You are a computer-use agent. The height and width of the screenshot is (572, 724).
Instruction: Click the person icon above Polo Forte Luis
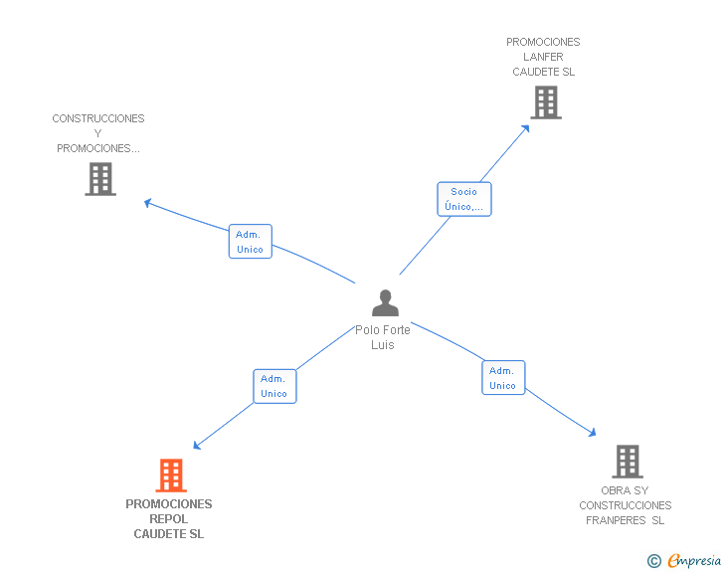click(x=385, y=302)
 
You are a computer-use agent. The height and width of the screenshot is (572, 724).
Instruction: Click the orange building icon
click(x=171, y=475)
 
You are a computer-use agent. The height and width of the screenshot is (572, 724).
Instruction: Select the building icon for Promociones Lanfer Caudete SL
click(x=546, y=102)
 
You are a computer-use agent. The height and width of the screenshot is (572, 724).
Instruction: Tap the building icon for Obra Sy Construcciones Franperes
click(x=628, y=462)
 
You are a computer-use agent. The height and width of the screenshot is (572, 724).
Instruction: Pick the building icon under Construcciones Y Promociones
click(x=100, y=179)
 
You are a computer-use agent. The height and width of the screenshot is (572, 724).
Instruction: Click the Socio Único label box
click(x=464, y=199)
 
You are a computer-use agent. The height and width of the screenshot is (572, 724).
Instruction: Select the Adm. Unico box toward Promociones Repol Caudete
click(x=274, y=386)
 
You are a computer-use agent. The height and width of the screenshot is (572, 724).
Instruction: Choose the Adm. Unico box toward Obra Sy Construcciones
click(x=503, y=377)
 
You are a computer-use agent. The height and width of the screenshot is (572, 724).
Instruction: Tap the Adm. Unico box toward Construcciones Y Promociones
click(x=251, y=241)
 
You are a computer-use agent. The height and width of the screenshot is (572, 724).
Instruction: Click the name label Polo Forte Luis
click(x=383, y=337)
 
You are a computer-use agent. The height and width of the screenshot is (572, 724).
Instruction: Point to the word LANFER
click(x=543, y=57)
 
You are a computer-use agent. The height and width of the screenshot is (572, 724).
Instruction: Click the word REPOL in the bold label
click(x=168, y=519)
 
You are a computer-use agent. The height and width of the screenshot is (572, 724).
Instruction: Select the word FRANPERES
click(x=616, y=520)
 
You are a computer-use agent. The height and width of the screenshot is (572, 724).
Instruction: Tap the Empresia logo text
click(x=694, y=560)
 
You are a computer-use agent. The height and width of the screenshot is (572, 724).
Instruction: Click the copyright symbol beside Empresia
click(x=653, y=561)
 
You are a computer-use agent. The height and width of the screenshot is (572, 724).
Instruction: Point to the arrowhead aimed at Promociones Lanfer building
click(x=525, y=129)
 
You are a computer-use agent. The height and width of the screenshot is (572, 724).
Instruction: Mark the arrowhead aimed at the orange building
click(x=197, y=446)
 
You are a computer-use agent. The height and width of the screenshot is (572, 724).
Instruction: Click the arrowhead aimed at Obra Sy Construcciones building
click(x=593, y=433)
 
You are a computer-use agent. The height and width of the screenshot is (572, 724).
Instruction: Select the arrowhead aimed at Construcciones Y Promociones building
click(x=148, y=202)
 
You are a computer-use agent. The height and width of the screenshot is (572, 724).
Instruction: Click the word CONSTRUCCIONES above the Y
click(x=98, y=118)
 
